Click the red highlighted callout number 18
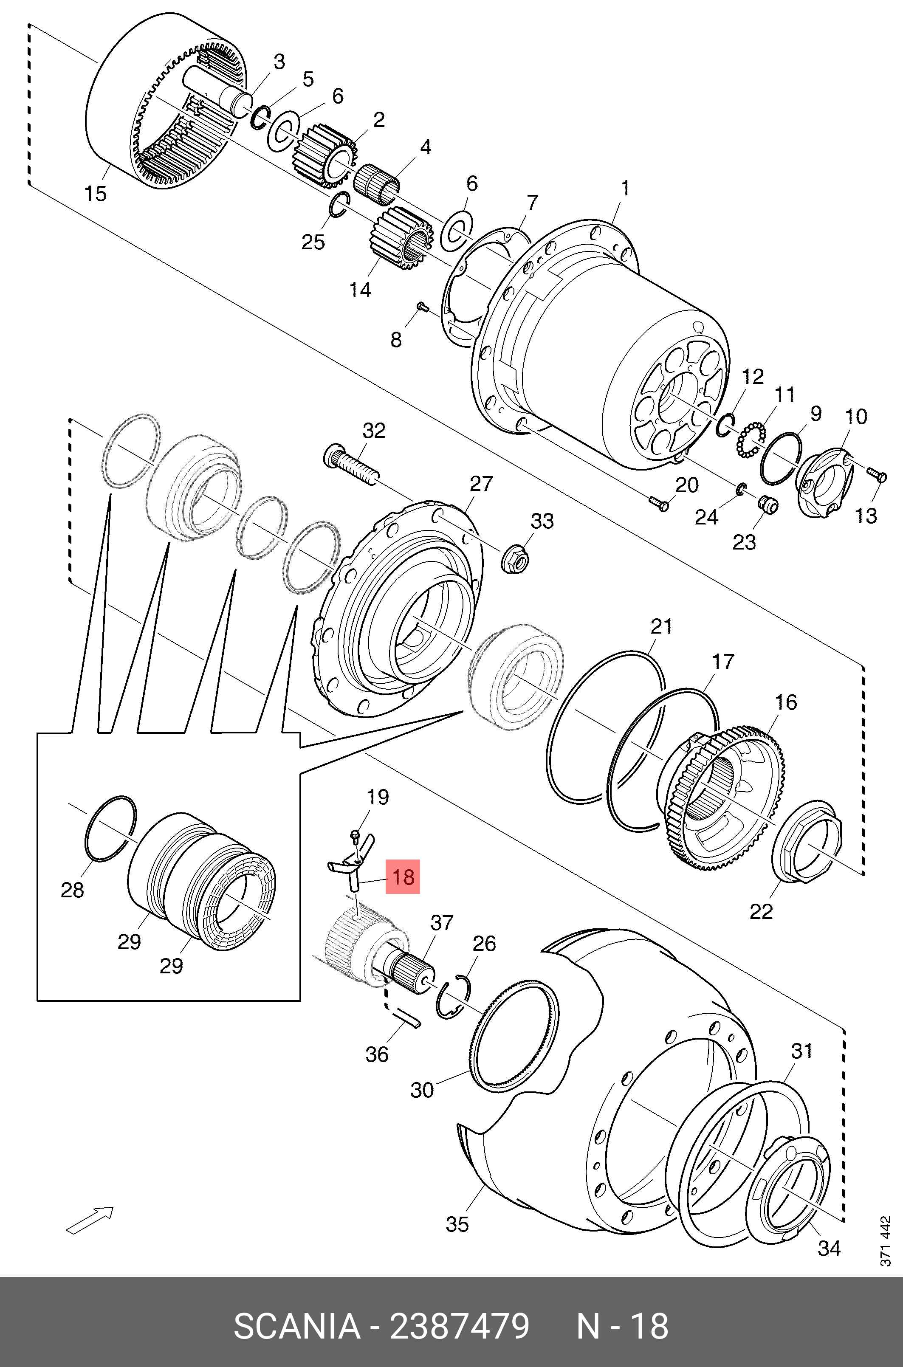(403, 877)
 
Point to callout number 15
(96, 193)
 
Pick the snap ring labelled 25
(339, 205)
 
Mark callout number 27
(482, 483)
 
